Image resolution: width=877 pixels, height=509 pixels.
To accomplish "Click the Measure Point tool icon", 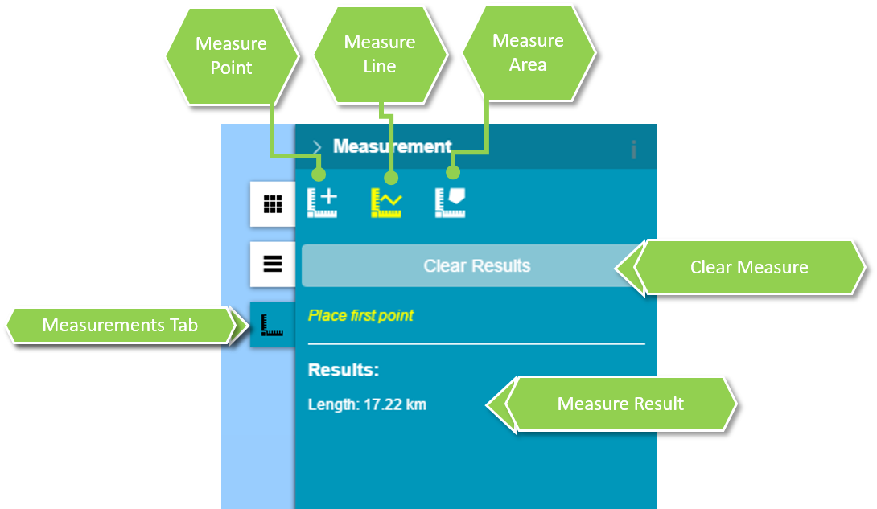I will [322, 203].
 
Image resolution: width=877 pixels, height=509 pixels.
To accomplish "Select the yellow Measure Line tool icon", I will [386, 203].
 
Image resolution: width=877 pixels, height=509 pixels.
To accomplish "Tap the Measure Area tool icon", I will [451, 203].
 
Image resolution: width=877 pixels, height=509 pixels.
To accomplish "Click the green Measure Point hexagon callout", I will [232, 56].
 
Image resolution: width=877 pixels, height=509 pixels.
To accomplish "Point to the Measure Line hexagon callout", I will [380, 55].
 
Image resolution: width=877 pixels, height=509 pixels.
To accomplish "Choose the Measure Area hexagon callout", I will [528, 53].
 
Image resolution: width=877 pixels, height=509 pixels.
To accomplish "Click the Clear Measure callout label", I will [749, 268].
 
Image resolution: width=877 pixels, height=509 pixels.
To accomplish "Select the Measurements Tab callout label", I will [120, 326].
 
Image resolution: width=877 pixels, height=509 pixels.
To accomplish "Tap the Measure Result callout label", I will [620, 404].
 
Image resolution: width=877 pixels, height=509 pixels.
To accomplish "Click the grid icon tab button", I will [273, 204].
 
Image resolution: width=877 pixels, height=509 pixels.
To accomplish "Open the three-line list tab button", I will [273, 265].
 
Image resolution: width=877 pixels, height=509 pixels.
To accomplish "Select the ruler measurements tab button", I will [273, 325].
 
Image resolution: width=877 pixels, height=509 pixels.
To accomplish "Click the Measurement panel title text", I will [393, 146].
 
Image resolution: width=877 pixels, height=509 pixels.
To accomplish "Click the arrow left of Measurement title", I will [317, 147].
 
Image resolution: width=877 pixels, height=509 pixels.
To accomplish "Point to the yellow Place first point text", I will [360, 315].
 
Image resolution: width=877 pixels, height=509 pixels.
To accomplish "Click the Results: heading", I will [344, 371].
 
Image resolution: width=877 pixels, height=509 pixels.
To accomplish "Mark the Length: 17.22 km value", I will [367, 404].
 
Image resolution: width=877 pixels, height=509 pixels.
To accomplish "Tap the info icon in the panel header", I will [634, 149].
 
